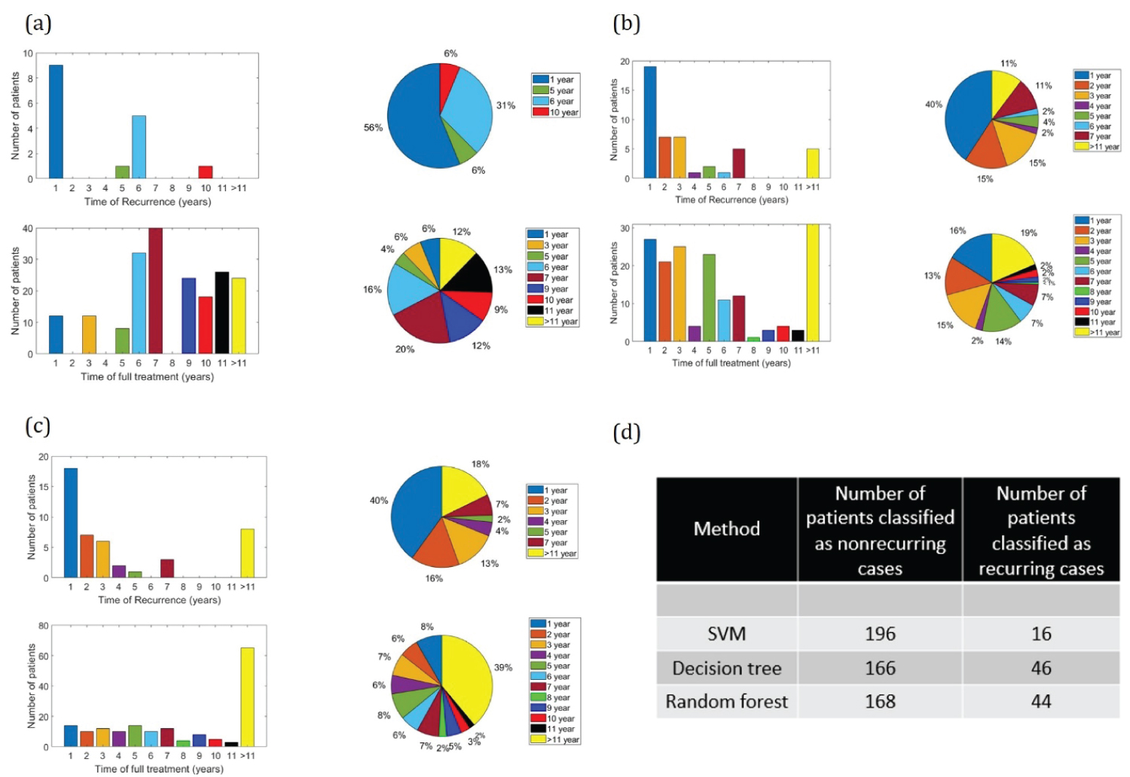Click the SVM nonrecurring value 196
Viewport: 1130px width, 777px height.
pos(880,634)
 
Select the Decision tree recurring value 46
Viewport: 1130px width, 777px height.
pos(1041,668)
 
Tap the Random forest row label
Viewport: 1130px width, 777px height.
pos(726,702)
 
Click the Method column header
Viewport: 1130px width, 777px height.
pos(726,529)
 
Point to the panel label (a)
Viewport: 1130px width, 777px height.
pos(38,23)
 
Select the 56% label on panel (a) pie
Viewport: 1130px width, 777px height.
pos(373,128)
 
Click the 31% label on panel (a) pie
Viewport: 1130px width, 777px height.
pos(505,105)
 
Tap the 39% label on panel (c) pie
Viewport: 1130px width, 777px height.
pos(503,667)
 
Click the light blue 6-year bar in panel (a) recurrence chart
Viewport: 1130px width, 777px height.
pos(139,147)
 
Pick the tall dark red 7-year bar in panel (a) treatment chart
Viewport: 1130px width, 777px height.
pos(155,291)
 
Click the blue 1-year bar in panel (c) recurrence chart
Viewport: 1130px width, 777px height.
pos(71,523)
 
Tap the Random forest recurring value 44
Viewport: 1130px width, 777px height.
pos(1041,702)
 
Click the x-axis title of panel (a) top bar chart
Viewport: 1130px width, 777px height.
pos(148,202)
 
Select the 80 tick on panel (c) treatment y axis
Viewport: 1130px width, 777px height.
pos(43,626)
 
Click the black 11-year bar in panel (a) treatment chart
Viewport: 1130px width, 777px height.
pos(222,312)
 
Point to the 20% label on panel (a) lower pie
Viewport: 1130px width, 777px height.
pos(405,349)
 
